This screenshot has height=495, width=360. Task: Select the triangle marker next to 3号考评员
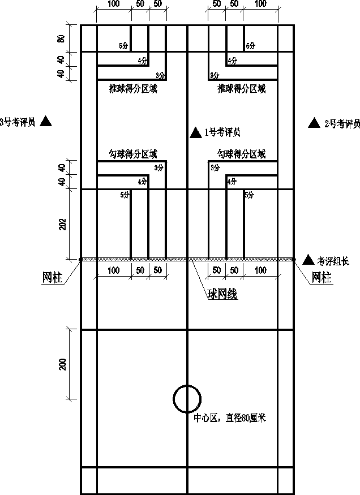46,120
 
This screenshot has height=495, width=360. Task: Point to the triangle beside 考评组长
308,260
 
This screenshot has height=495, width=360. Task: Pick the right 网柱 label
323,277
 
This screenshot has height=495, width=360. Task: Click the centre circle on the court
186,399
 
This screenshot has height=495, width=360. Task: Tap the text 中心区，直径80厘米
230,418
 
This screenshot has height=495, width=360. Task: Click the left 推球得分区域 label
132,89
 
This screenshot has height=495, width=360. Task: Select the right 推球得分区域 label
241,89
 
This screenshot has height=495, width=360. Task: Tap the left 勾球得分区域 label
132,153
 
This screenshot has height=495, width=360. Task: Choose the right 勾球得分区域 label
241,153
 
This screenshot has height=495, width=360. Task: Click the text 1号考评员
222,133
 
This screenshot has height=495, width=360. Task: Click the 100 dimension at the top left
113,4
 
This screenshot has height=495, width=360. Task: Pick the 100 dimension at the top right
260,4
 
